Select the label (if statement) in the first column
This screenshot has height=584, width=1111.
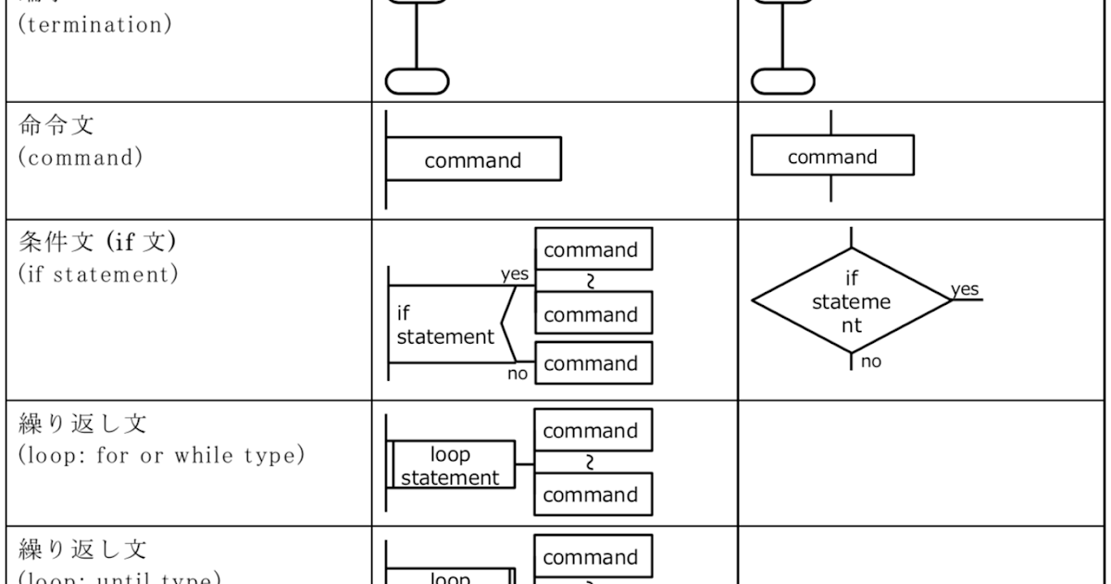click(x=98, y=275)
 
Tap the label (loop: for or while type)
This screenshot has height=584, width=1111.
click(x=161, y=455)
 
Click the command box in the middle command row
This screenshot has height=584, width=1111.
click(x=473, y=159)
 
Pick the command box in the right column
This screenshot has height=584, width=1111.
click(x=831, y=156)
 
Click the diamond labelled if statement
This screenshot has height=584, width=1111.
click(x=851, y=301)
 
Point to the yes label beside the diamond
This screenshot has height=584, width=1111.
click(x=965, y=290)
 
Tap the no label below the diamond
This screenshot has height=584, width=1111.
click(x=871, y=362)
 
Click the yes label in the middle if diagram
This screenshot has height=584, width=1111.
click(x=515, y=274)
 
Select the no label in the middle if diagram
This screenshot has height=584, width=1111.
click(x=517, y=374)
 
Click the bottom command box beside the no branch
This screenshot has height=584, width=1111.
click(x=593, y=363)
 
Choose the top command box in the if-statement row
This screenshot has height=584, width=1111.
click(x=593, y=250)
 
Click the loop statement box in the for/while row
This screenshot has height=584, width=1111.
click(x=451, y=465)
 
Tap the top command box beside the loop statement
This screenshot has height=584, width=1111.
click(x=593, y=431)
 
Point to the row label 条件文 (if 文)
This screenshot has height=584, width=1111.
click(x=97, y=243)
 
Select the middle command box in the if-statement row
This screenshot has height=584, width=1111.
click(x=593, y=314)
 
